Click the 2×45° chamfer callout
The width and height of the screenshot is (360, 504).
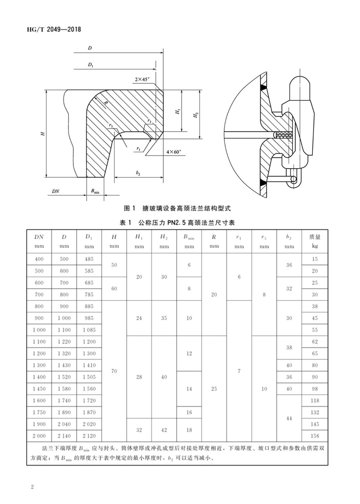142,79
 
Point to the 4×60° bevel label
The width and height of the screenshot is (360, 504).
174,152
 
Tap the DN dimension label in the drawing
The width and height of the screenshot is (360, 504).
55,191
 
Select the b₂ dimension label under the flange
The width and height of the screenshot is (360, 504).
138,173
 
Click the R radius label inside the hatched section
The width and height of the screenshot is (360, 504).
106,103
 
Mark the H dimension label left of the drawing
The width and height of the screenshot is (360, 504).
43,133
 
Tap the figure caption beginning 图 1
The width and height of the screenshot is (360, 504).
177,208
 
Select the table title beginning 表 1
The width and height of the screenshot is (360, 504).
177,222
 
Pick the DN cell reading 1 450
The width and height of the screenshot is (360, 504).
39,389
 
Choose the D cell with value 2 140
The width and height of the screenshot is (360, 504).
64,436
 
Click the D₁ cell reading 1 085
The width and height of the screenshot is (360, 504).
89,330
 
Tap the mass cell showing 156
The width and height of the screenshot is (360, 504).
315,436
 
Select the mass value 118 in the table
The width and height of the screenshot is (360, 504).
315,401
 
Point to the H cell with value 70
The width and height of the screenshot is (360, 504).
114,371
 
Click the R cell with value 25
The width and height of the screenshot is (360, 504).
214,389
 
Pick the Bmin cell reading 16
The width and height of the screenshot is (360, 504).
189,412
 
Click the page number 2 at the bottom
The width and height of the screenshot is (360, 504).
32,486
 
